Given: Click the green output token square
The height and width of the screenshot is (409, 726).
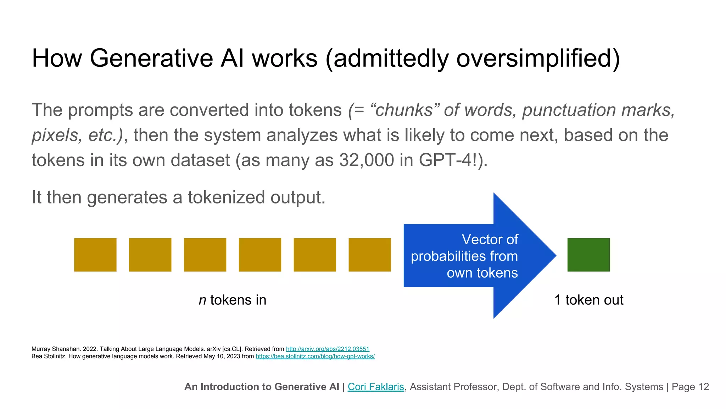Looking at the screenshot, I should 588,255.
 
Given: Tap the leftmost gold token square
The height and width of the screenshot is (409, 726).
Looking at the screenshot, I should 95,255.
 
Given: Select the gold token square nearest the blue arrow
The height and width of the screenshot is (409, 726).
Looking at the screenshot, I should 369,255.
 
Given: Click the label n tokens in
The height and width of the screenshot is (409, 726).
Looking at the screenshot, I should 233,300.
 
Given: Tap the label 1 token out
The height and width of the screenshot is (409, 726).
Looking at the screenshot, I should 588,300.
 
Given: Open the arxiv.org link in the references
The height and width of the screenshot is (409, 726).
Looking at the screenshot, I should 328,349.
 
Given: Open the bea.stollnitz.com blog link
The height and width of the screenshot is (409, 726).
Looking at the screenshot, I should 315,356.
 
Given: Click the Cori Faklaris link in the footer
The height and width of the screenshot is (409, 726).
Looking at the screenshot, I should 376,387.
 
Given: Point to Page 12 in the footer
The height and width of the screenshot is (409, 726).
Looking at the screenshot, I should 690,387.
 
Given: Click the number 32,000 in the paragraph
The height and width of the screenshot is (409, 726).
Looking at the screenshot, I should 367,160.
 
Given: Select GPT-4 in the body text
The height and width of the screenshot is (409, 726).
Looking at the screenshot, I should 445,160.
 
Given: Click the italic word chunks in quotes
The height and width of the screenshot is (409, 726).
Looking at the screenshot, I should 404,110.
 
